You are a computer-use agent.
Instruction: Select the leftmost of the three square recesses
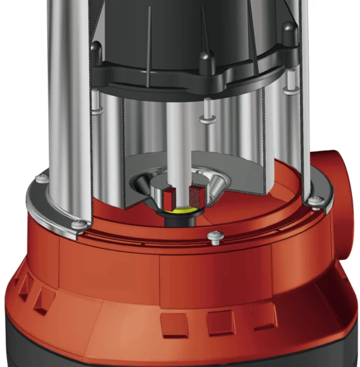pyautogui.click(x=174, y=325)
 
